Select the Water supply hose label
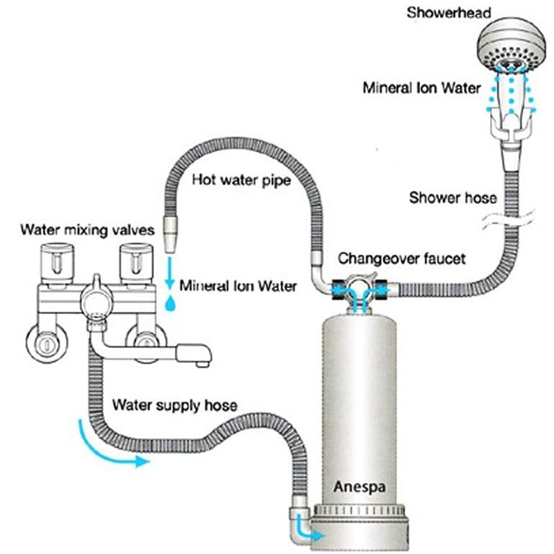[174, 406]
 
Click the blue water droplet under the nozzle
[170, 303]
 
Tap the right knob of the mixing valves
[134, 262]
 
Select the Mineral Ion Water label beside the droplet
[238, 286]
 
